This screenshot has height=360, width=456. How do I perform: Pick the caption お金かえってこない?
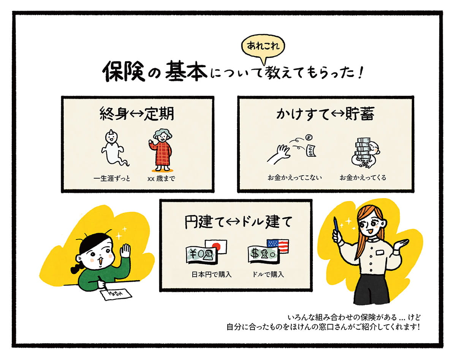tap(294, 178)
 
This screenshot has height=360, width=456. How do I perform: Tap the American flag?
tap(278, 246)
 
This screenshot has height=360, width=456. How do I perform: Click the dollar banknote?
tap(262, 254)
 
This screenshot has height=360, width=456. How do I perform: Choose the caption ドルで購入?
tap(268, 274)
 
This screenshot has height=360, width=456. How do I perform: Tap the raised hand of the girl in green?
tap(125, 252)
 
